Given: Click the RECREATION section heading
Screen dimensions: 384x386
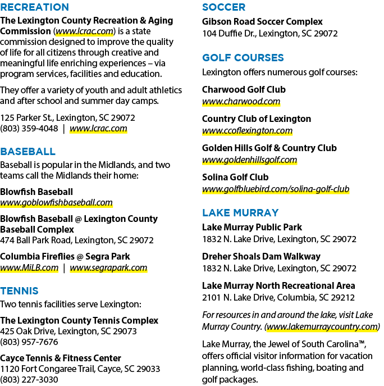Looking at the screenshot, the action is point(34,7).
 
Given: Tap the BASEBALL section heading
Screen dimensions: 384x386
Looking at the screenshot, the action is point(28,152).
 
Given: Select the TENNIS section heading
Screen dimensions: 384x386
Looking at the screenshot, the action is point(19,290).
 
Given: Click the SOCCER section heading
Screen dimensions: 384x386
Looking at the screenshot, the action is point(223,7).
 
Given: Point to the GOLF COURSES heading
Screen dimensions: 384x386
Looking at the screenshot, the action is point(243,58).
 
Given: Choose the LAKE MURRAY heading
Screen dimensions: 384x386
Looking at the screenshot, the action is point(240,213).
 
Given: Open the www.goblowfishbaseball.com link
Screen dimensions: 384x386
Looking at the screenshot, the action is point(56,203).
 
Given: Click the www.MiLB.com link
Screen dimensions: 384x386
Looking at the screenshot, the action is point(29,267).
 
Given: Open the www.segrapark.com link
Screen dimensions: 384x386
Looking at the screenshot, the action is point(108,267).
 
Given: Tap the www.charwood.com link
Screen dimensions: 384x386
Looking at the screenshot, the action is point(241,102).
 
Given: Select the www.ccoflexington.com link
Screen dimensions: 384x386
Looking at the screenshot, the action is point(247,131).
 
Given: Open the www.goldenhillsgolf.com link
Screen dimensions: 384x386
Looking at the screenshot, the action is point(249,160).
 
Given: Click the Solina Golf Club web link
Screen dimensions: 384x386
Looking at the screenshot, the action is point(276,189).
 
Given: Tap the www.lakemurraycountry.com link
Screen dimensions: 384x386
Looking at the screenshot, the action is point(322,326).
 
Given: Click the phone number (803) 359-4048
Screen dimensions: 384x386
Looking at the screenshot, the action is point(29,129).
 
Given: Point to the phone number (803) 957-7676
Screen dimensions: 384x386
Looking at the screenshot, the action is point(29,342).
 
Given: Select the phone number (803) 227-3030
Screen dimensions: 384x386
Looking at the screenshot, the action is point(29,380).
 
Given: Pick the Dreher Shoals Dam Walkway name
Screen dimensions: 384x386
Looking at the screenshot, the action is point(261,257).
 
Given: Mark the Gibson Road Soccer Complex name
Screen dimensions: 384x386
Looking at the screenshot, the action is point(262,22).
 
